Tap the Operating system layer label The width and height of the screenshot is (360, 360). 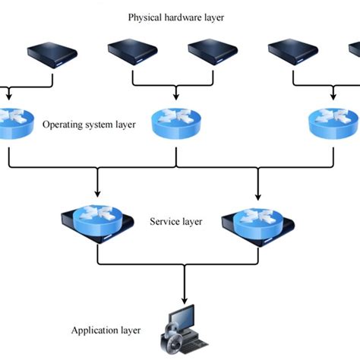tap(89, 124)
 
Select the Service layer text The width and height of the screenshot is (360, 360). tap(175, 222)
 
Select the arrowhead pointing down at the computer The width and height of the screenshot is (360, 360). tap(182, 298)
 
